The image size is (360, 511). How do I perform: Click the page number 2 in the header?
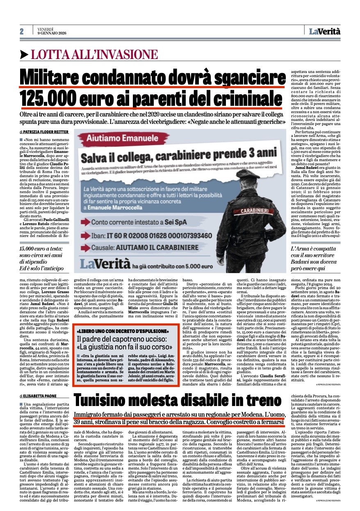pos(22,32)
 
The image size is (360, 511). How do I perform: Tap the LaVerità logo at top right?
pos(325,30)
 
